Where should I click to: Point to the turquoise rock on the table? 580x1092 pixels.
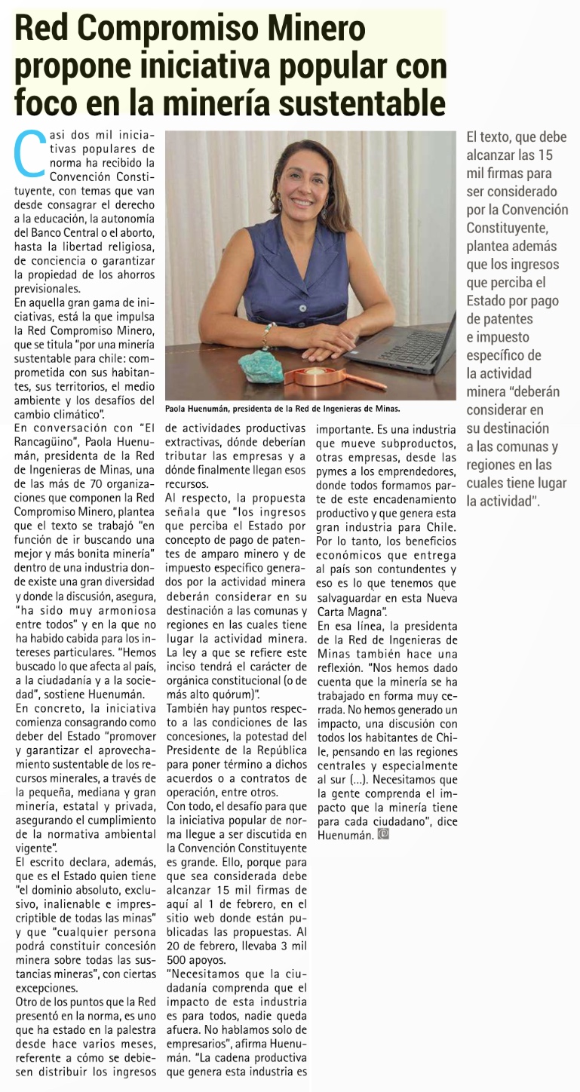262,366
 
